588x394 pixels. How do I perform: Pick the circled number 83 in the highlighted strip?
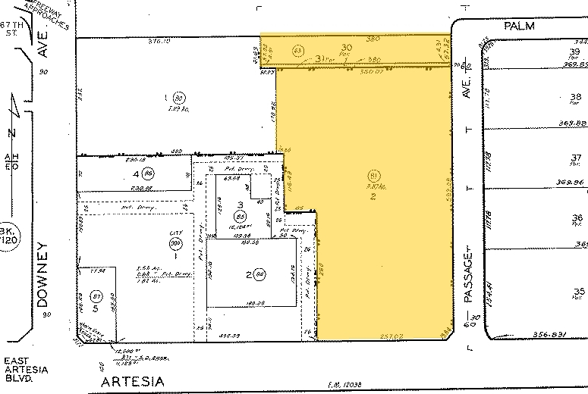coord(297,52)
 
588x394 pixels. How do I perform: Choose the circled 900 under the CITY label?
coord(177,242)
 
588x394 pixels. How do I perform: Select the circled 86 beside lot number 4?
coord(149,172)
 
